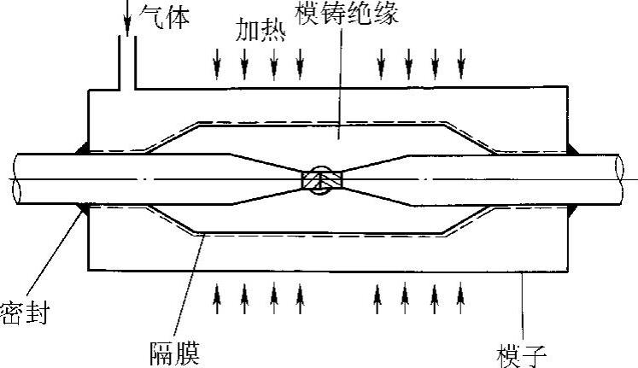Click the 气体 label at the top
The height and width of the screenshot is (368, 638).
(x=167, y=15)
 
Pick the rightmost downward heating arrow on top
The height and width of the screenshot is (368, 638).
(x=461, y=62)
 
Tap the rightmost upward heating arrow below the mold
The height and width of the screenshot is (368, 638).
(x=461, y=296)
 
